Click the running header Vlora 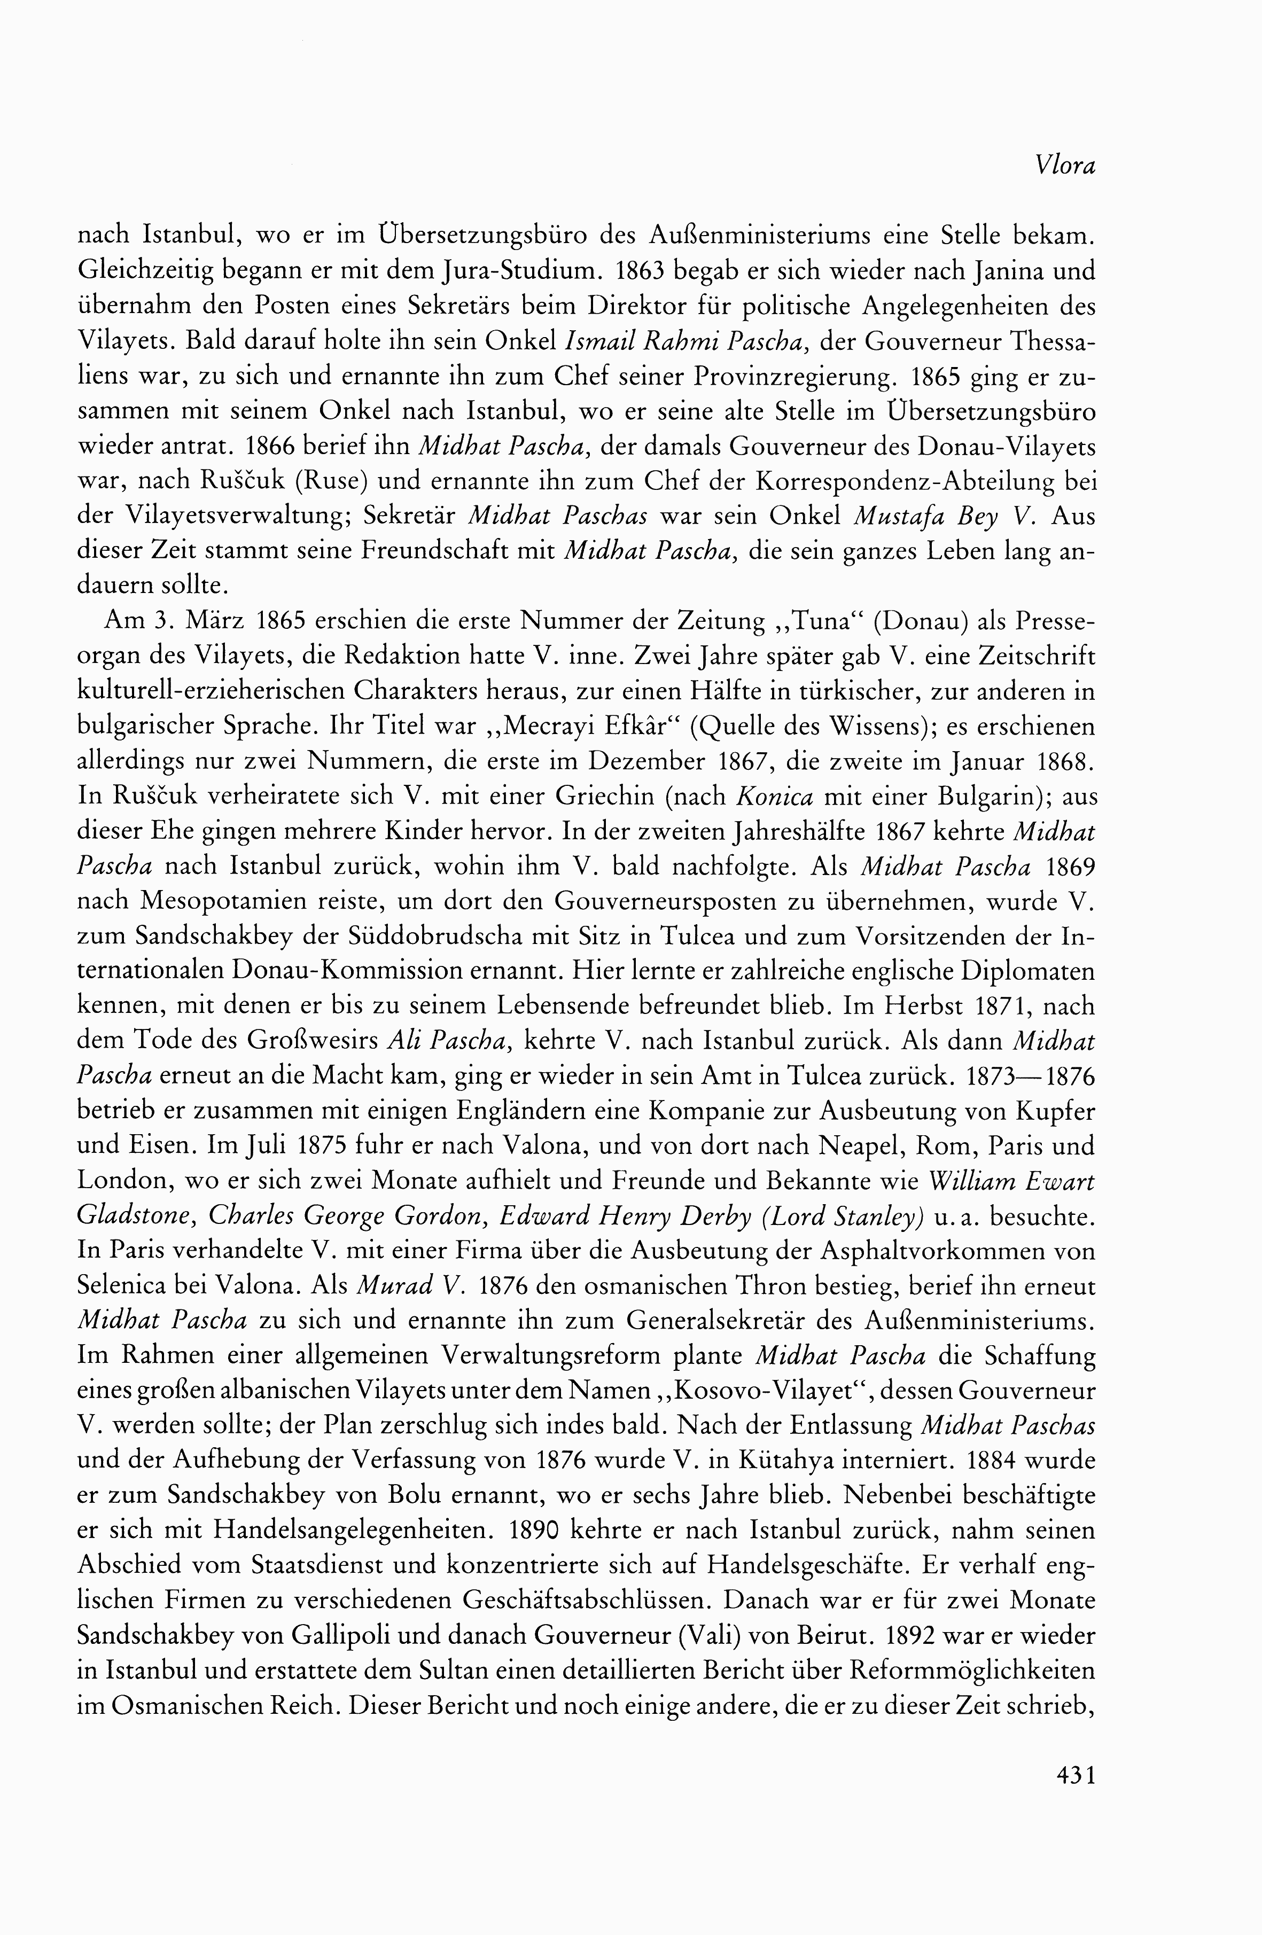tap(1066, 166)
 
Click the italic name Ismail tap(599, 342)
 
